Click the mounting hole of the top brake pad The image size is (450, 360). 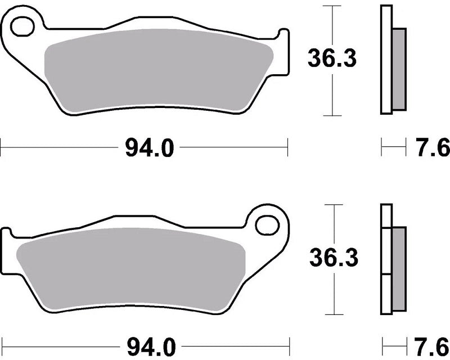[x=22, y=26]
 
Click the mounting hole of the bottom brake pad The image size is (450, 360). [x=268, y=225]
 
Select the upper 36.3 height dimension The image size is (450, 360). [x=332, y=58]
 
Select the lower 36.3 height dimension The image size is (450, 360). [x=334, y=258]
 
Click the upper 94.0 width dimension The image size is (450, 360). [x=150, y=147]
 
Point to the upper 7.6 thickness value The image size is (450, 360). [x=433, y=147]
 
